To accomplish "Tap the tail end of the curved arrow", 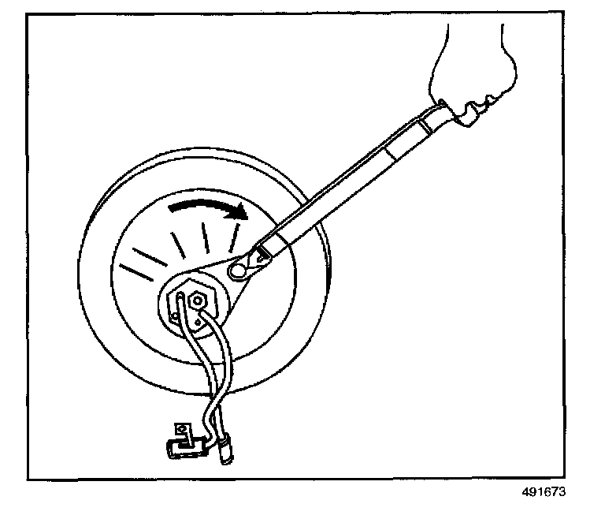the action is (x=170, y=209).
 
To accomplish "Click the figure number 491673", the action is (x=543, y=490).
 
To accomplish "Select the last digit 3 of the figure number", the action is (x=562, y=490).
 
